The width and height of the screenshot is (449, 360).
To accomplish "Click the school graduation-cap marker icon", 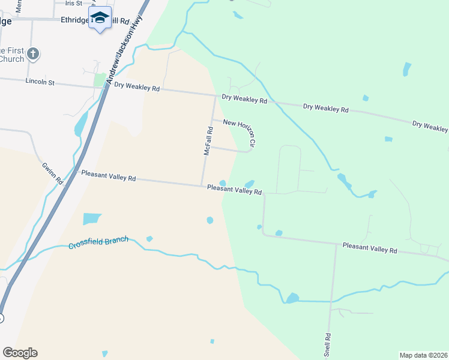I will (x=100, y=18).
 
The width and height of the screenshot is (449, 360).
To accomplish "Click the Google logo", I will (x=20, y=353).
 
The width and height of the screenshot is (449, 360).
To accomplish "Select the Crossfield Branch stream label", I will (x=98, y=242).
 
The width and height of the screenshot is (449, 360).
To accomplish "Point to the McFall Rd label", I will (x=208, y=141).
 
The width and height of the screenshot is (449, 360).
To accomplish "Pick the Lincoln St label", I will (x=40, y=81).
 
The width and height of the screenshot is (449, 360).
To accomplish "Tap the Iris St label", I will (x=73, y=3).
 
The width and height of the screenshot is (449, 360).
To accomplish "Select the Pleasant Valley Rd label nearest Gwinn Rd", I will (x=109, y=177).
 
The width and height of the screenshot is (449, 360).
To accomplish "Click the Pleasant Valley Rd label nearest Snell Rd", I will (x=370, y=247).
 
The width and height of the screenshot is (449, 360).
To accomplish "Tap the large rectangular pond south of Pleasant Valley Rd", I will (x=92, y=219).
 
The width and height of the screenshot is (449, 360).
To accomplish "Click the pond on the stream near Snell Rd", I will (x=292, y=298).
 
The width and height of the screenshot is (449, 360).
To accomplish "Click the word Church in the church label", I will (x=12, y=59).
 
